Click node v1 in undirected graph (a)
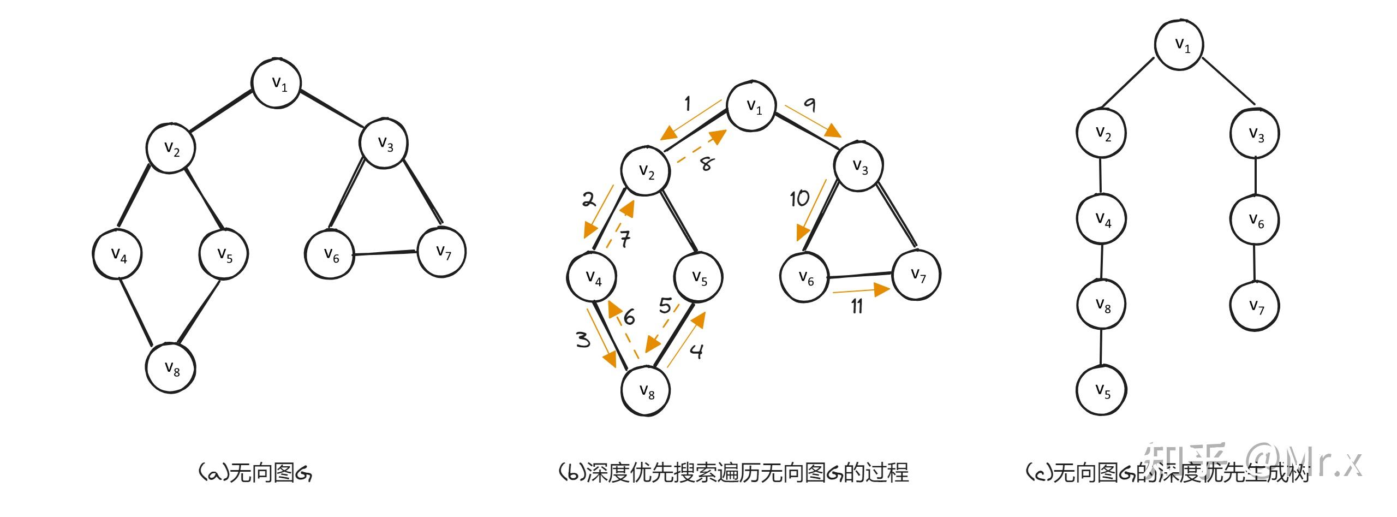[x=277, y=83]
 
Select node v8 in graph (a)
[x=171, y=368]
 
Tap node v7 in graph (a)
[x=442, y=252]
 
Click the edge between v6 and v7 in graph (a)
[x=385, y=253]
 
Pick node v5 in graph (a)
[x=224, y=254]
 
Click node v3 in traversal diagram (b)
[x=859, y=166]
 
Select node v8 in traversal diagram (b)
[x=646, y=390]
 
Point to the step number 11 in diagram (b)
[x=857, y=306]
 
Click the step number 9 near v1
[x=810, y=104]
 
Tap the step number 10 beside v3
[x=799, y=199]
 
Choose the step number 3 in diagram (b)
[x=583, y=340]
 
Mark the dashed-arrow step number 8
[x=706, y=163]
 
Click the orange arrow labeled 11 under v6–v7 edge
[x=861, y=290]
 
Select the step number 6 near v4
[x=629, y=317]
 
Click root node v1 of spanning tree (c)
[x=1179, y=45]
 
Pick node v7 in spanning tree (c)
[x=1255, y=306]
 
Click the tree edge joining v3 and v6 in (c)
[x=1255, y=176]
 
